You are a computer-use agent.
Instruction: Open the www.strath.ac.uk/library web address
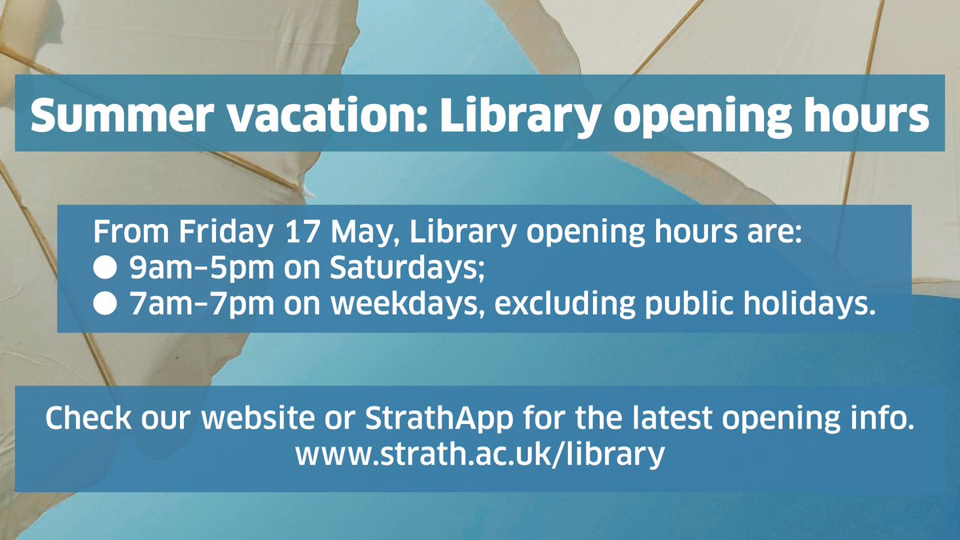click(480, 454)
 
